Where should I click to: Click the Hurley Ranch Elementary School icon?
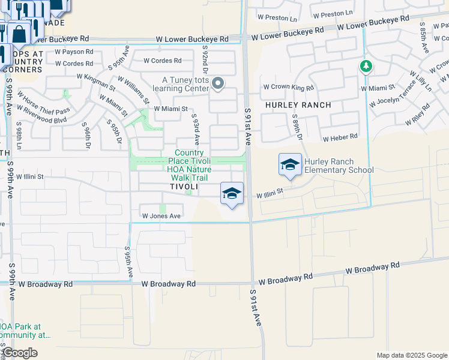point(289,164)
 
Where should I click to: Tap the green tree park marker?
point(366,65)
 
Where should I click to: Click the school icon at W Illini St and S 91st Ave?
point(232,193)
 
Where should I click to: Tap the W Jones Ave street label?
point(161,216)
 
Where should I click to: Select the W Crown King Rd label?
point(288,88)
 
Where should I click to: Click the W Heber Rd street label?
point(340,138)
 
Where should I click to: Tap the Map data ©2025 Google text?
point(411,355)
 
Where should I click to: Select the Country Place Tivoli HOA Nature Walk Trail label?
point(193,165)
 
